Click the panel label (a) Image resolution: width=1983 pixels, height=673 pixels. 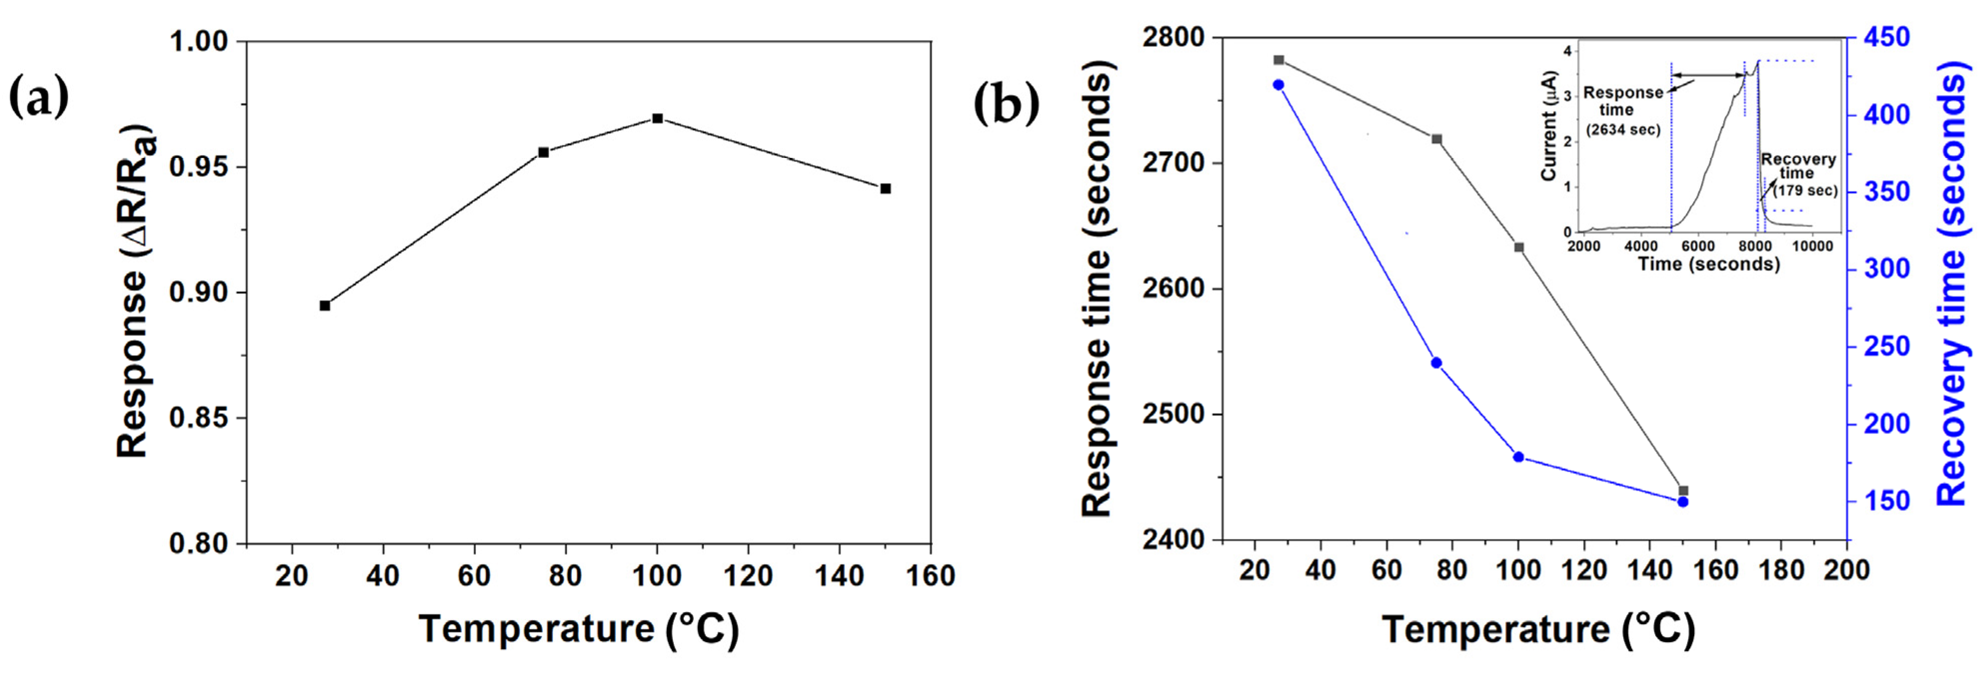(x=39, y=99)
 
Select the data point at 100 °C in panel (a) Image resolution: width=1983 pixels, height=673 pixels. (x=657, y=118)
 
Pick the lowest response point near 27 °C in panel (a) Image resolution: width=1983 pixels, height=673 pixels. (x=325, y=305)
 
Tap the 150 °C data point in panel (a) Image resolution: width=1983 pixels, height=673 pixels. (x=885, y=188)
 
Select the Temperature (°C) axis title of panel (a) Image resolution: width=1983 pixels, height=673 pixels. (x=579, y=629)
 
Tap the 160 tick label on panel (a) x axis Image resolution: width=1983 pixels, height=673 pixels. (x=930, y=575)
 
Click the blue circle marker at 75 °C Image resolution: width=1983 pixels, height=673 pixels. (x=1436, y=363)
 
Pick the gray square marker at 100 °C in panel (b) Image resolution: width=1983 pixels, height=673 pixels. (x=1519, y=247)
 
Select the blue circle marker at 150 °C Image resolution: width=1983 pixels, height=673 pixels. (x=1683, y=501)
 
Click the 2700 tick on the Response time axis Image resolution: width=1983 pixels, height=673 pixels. (x=1175, y=163)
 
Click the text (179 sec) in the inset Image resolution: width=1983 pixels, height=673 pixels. (x=1805, y=190)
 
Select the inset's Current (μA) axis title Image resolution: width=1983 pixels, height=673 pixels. (x=1548, y=127)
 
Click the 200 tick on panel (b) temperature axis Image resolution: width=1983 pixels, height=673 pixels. (x=1847, y=570)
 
